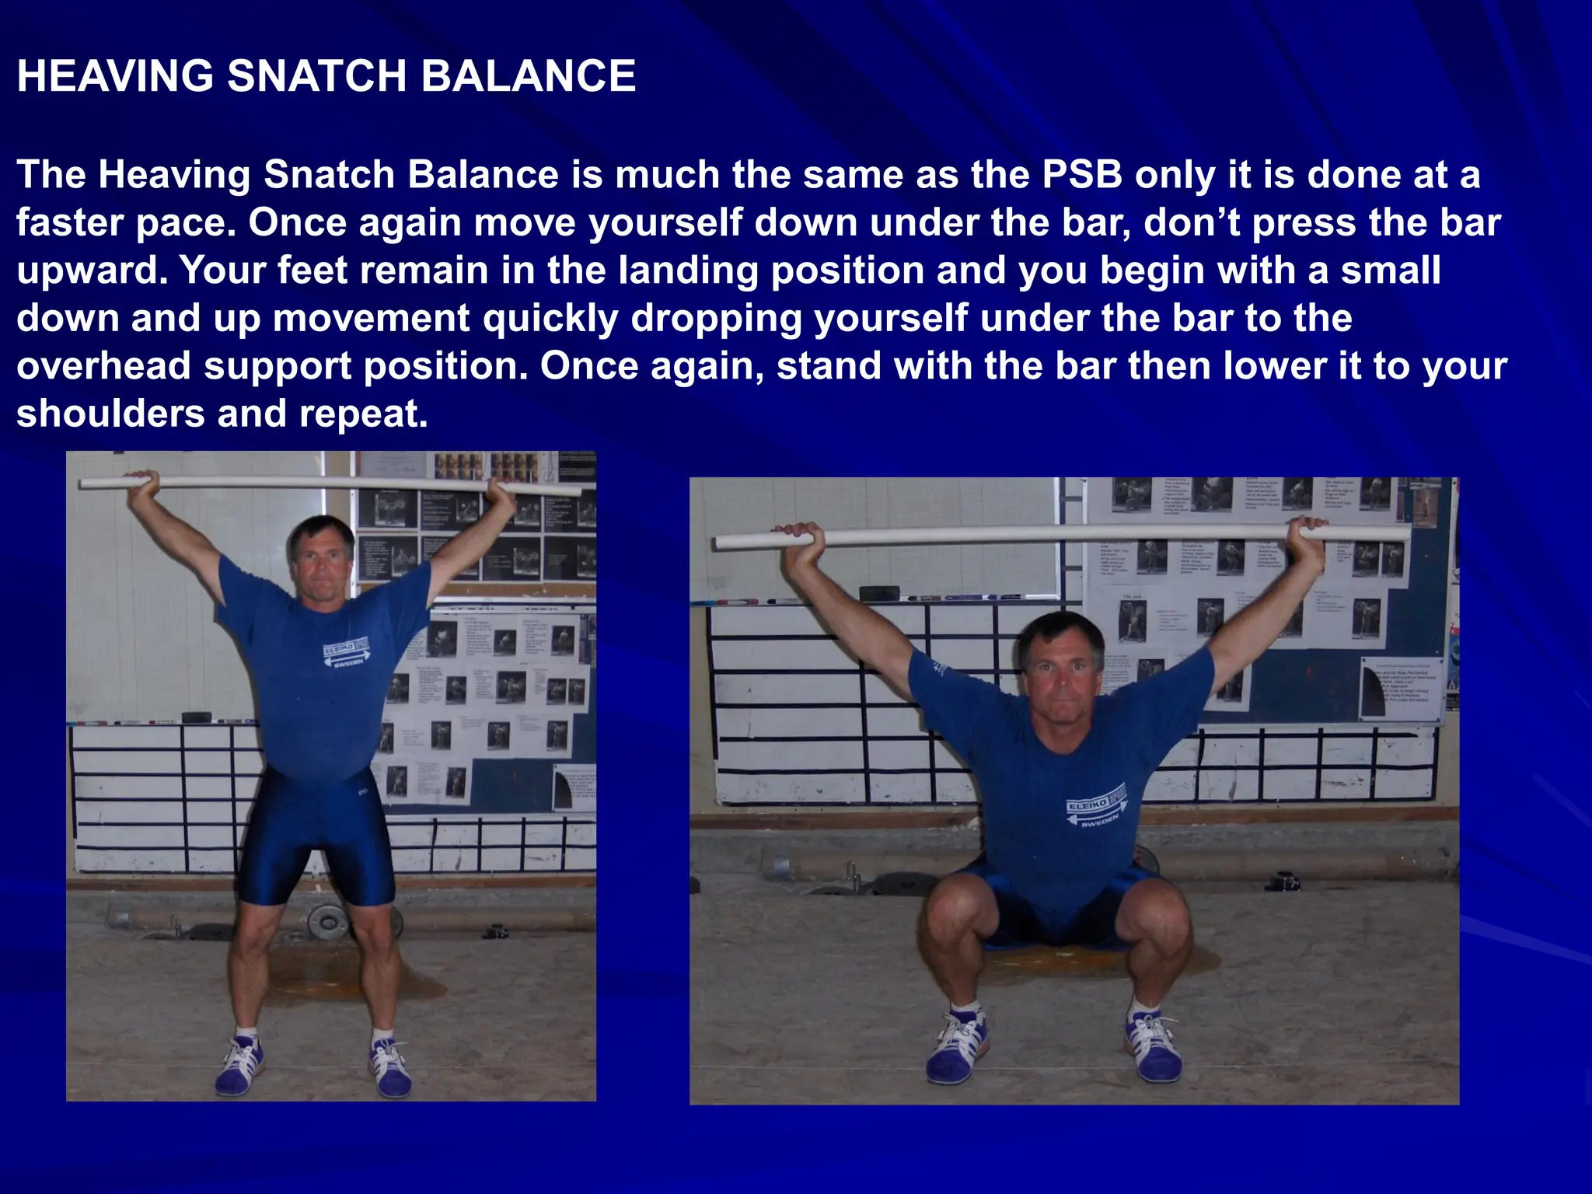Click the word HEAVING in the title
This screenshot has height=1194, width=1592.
115,76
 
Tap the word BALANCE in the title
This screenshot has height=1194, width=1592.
529,76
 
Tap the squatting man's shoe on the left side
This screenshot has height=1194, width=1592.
957,1046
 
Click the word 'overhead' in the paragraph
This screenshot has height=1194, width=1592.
103,366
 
